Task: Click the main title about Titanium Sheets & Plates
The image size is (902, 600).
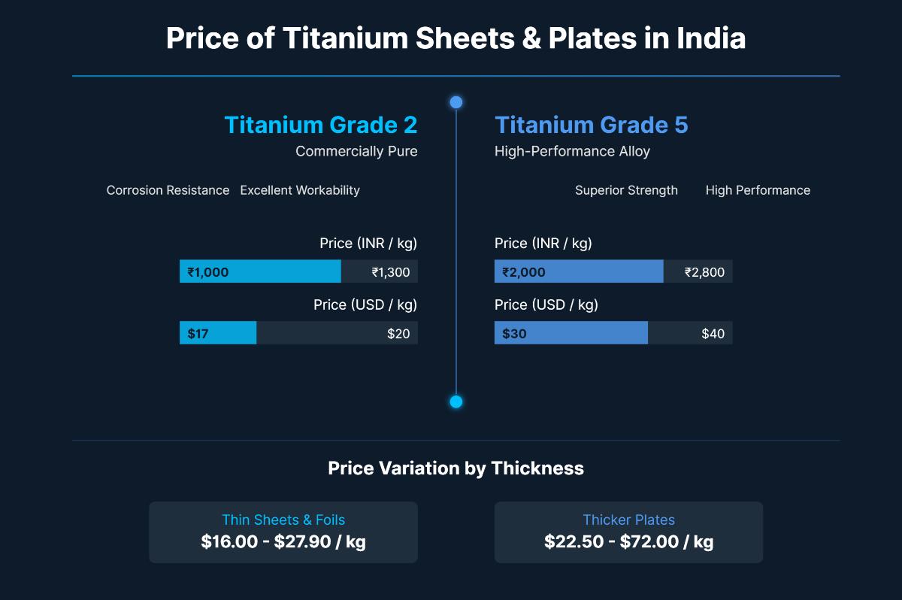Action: (456, 38)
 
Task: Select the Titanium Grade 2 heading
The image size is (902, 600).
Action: (321, 125)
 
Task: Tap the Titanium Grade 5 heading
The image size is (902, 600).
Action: (591, 125)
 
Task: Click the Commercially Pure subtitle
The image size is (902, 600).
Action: (356, 151)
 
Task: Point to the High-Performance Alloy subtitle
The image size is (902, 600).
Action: (572, 151)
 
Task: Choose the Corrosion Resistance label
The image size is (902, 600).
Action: (168, 190)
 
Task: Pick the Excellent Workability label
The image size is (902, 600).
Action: (300, 190)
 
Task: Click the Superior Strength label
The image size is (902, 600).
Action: (626, 190)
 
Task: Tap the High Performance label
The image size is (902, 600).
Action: (758, 190)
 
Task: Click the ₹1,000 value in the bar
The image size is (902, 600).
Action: (208, 272)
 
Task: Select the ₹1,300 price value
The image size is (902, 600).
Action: (391, 272)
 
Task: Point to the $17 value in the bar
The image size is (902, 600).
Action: (198, 334)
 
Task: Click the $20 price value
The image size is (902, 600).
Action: (398, 334)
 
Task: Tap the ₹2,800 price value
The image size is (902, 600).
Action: (704, 272)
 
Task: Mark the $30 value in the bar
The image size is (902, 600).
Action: (514, 334)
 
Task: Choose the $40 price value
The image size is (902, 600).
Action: (713, 334)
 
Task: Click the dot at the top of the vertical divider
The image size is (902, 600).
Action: (456, 102)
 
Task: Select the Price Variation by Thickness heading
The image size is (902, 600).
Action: (456, 468)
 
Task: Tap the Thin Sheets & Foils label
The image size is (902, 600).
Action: (283, 520)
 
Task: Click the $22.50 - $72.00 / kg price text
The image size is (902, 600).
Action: (628, 541)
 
